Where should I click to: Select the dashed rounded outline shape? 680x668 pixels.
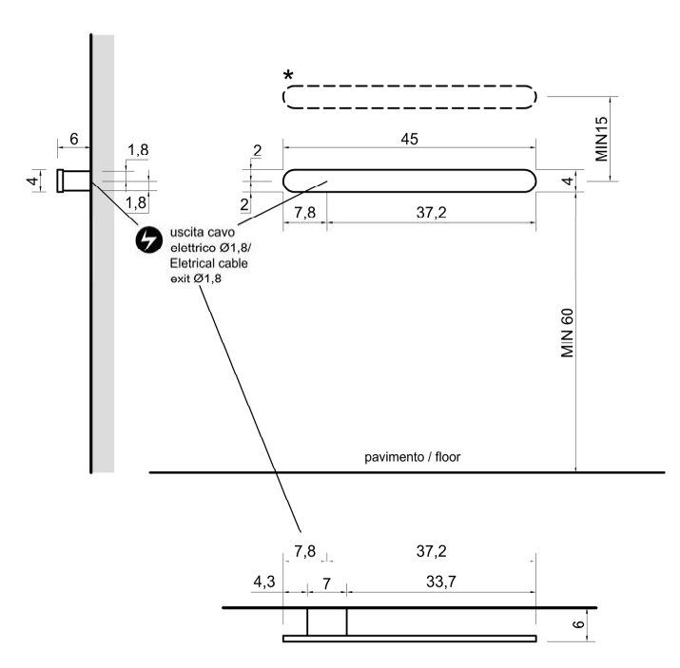(x=410, y=96)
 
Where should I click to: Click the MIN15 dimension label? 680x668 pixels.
(x=601, y=139)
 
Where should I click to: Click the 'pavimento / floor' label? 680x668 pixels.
(x=413, y=457)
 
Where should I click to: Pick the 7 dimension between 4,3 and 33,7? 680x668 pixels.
(x=326, y=584)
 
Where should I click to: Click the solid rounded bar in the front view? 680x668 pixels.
(x=410, y=181)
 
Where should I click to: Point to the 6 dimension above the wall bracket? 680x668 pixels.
(x=74, y=139)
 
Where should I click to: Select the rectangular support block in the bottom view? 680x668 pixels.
(x=326, y=621)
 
